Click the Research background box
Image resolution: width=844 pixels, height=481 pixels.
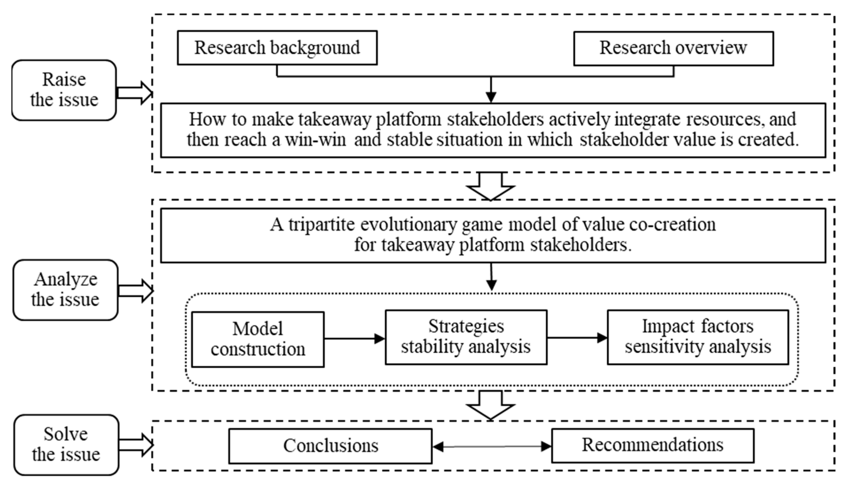point(277,48)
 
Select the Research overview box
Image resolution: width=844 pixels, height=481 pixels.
point(673,48)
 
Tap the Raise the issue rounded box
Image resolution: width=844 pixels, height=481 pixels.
point(64,90)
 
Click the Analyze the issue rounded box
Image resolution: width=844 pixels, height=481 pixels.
point(65,290)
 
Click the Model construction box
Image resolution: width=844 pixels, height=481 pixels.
point(258,339)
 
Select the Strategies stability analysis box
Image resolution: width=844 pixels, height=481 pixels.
point(466,337)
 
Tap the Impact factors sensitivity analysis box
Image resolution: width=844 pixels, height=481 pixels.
point(698,337)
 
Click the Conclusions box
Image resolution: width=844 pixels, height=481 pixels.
point(330,446)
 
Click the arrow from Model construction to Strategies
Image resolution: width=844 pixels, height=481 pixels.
point(354,338)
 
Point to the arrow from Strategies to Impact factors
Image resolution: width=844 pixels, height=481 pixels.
point(577,338)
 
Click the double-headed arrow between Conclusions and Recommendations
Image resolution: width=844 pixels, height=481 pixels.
point(491,447)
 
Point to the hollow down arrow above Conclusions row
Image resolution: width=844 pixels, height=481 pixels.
point(490,406)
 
